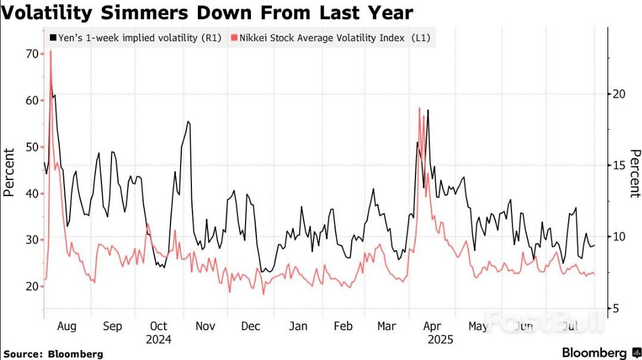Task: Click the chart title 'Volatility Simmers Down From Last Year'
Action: click(x=206, y=12)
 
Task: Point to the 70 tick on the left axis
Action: click(x=31, y=54)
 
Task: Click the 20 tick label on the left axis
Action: click(x=31, y=286)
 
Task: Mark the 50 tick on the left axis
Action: click(x=31, y=147)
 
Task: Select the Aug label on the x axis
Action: click(x=66, y=327)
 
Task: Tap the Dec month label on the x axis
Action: click(x=251, y=327)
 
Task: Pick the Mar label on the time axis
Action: click(x=387, y=327)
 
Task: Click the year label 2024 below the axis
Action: click(x=159, y=340)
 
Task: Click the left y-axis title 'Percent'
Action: click(x=8, y=172)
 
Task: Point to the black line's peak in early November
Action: click(x=188, y=122)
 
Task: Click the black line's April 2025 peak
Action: click(x=428, y=110)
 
